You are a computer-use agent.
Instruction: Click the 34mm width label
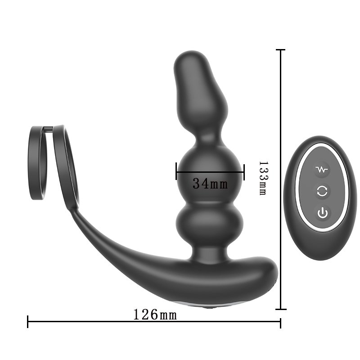point(210,184)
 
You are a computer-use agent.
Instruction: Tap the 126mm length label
point(155,315)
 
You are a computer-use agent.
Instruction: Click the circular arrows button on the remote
point(322,191)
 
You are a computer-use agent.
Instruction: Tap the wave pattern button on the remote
point(322,170)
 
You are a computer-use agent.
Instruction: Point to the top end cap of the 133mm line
point(281,50)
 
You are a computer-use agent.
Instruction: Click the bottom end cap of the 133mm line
point(281,309)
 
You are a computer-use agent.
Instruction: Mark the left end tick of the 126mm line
point(28,321)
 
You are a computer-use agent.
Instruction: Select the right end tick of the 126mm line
point(280,321)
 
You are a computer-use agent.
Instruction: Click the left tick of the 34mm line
point(176,171)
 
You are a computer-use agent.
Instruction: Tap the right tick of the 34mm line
point(243,171)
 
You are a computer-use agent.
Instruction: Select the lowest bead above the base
point(210,220)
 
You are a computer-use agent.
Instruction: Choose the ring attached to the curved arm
point(65,166)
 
